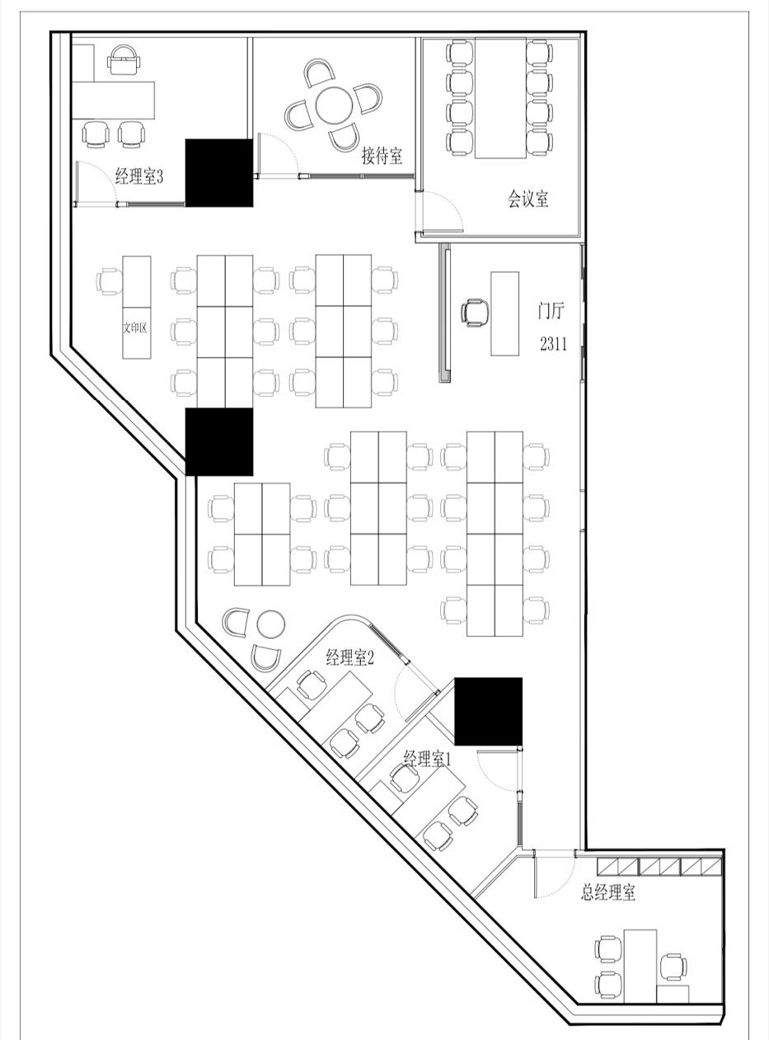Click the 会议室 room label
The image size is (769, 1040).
point(528,199)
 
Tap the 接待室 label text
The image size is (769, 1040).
point(382,155)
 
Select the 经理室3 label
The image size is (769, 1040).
point(139,176)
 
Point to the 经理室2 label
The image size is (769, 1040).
point(350,657)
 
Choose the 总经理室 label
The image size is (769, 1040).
point(608,892)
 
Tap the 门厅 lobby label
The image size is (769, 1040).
point(551,311)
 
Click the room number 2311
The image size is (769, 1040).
point(553,344)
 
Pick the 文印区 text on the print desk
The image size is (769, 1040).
point(135,327)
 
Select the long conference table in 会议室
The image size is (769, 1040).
point(500,98)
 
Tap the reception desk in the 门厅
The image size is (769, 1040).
point(504,313)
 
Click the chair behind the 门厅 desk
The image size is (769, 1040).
point(475,313)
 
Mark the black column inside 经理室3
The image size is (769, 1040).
point(219,172)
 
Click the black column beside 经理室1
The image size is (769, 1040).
point(488,711)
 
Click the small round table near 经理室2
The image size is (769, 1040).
point(271,624)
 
